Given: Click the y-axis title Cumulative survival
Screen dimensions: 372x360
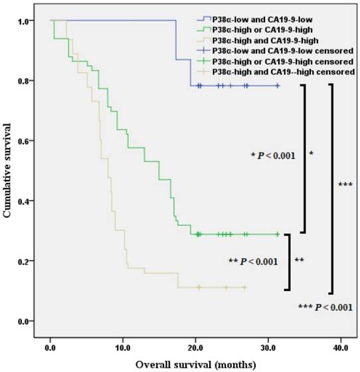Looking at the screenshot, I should tap(9, 171).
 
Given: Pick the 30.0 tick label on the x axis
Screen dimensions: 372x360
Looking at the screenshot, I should tap(268, 346).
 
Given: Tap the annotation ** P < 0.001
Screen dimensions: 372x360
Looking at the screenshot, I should tap(252, 261).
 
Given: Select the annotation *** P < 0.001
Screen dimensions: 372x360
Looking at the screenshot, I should tap(326, 306).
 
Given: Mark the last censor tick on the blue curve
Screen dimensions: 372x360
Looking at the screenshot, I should tap(278, 86).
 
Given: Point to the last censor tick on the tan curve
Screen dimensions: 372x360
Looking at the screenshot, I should tap(245, 287).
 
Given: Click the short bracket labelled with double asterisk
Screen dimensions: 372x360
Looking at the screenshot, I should tap(288, 262).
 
